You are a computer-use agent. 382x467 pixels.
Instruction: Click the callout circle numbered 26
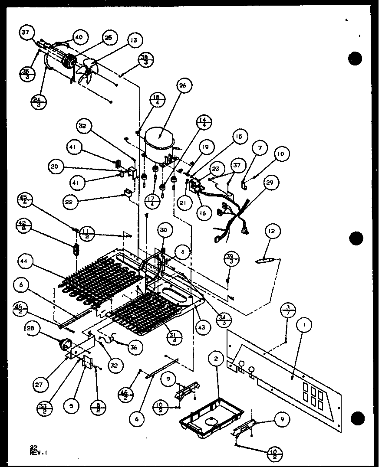click(x=183, y=86)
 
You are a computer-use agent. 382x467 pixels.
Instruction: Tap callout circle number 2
click(x=215, y=359)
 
